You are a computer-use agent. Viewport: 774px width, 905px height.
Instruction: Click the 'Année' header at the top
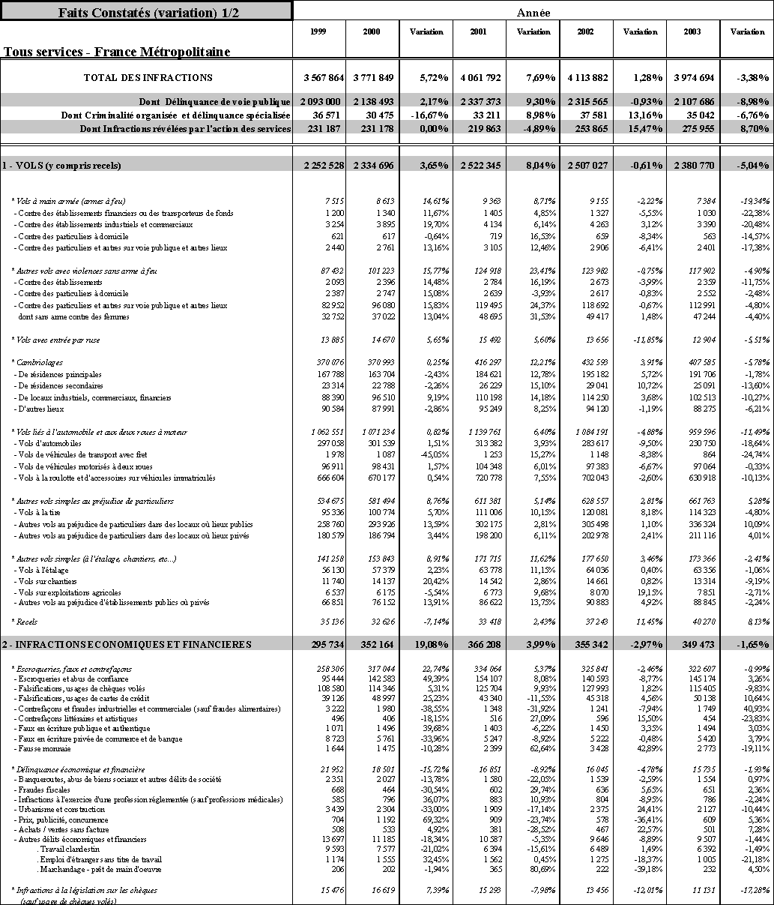(x=533, y=12)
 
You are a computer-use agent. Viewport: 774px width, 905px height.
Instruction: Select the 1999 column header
(x=318, y=31)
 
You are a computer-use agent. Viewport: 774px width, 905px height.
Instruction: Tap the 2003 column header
(x=693, y=31)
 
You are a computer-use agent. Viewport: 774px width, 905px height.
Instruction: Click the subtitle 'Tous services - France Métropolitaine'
(x=117, y=52)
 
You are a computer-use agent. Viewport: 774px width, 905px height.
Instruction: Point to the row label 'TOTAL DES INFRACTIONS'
(x=148, y=77)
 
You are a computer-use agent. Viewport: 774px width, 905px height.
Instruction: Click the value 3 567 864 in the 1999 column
(x=324, y=77)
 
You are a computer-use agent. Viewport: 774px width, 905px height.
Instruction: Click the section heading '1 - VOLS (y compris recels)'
(x=61, y=165)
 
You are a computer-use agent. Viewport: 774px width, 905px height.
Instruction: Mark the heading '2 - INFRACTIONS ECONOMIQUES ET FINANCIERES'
(x=126, y=644)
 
